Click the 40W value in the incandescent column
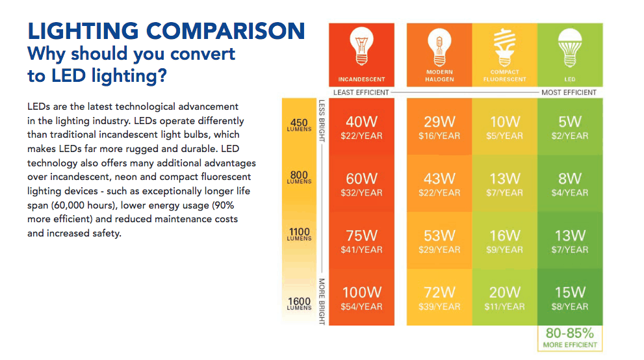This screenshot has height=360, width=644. tap(361, 122)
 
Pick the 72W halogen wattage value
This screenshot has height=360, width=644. tap(439, 293)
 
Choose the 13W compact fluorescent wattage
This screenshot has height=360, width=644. tap(505, 179)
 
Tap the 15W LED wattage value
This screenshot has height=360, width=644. tap(570, 293)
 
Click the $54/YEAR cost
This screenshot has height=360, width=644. tap(361, 307)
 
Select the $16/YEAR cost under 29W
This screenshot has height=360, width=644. tap(439, 136)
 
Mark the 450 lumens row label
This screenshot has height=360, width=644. tap(300, 125)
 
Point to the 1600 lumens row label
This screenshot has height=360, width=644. tap(300, 303)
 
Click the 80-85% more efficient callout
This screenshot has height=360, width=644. tap(570, 337)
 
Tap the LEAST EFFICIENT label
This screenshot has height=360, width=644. tap(361, 92)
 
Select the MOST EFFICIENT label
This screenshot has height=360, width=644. tap(569, 92)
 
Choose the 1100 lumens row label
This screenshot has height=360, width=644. tap(300, 234)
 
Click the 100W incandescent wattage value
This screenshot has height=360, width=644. tap(361, 293)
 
